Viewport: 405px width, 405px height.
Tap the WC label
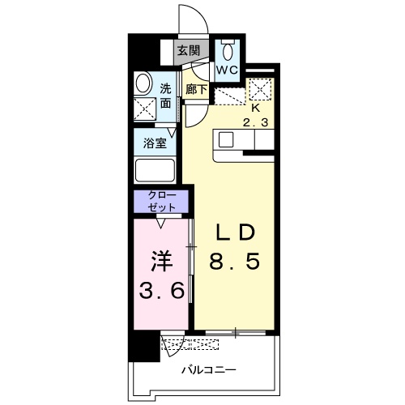pos(227,69)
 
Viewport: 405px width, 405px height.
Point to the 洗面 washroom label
pos(165,96)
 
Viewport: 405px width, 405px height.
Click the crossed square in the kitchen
pos(261,88)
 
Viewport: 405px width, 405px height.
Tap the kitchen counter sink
pos(225,140)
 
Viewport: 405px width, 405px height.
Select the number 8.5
pos(235,262)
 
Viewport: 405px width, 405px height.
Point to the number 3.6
pos(160,289)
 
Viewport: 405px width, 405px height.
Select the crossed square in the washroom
pos(147,108)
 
